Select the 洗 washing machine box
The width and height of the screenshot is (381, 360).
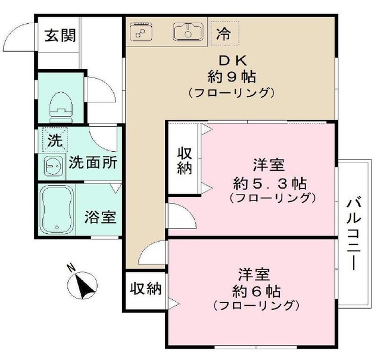pyautogui.click(x=54, y=142)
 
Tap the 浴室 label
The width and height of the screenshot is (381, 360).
pyautogui.click(x=99, y=217)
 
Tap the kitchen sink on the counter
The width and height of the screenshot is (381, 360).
pyautogui.click(x=188, y=31)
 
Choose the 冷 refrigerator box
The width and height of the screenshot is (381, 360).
pyautogui.click(x=224, y=33)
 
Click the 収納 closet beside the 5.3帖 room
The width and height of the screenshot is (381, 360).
pyautogui.click(x=185, y=159)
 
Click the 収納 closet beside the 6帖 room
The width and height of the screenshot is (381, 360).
pyautogui.click(x=146, y=289)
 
